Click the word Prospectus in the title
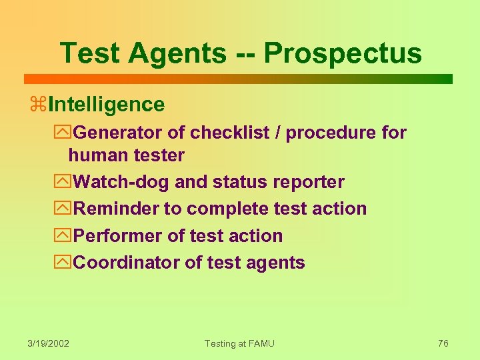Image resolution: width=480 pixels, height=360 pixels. (343, 54)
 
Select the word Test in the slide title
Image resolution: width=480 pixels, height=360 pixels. (88, 54)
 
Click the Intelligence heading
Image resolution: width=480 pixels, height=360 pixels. (106, 105)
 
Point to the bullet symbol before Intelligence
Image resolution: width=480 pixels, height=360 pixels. (38, 105)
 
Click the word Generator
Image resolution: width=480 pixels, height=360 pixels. (117, 133)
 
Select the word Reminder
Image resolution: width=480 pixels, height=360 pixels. (115, 209)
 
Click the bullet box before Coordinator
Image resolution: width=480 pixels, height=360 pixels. (65, 263)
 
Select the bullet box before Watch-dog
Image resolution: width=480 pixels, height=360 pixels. (65, 182)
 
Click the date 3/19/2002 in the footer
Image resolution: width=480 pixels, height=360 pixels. (49, 343)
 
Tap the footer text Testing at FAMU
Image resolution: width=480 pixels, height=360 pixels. (239, 343)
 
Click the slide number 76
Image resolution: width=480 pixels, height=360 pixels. (443, 343)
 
